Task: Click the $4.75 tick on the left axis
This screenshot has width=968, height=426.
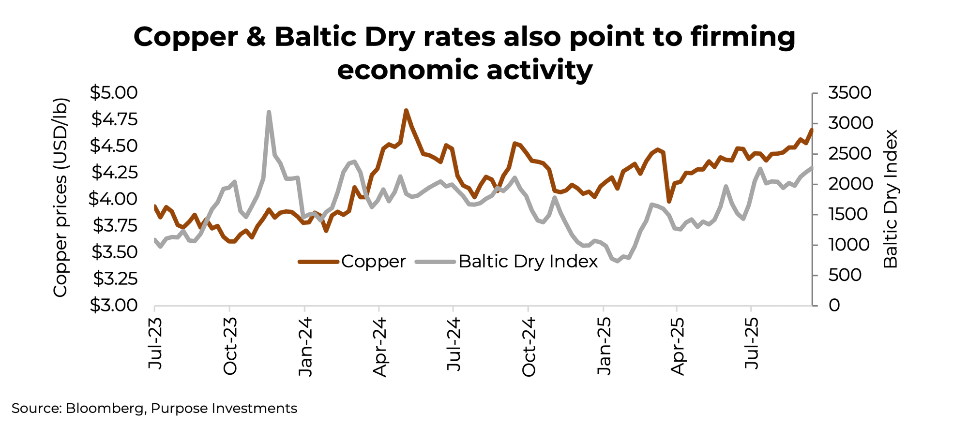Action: (114, 119)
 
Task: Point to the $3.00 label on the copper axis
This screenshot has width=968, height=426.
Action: (114, 305)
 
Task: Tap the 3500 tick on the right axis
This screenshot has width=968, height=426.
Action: (849, 92)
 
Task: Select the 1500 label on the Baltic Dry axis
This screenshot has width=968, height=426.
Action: (849, 214)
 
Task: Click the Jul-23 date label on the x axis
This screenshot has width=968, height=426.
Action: (155, 344)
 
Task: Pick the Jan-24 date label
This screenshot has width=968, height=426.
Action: (305, 346)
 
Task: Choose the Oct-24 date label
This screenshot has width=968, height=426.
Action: (529, 346)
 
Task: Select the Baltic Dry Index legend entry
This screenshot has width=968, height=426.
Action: (528, 262)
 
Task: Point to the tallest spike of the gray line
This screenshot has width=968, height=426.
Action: (269, 112)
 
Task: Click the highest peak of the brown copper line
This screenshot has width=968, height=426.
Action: (406, 110)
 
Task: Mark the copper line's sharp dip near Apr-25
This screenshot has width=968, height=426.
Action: (669, 201)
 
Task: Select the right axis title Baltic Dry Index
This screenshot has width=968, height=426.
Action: (891, 199)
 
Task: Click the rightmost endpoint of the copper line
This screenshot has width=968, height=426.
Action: (812, 130)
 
